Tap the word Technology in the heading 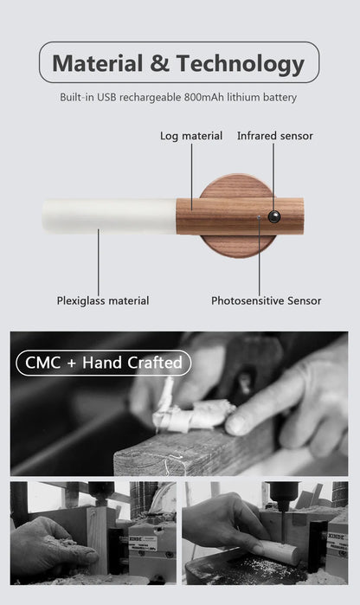pyautogui.click(x=241, y=63)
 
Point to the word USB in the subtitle pyautogui.click(x=108, y=98)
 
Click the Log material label pyautogui.click(x=191, y=136)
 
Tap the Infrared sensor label pyautogui.click(x=274, y=136)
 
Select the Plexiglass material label pyautogui.click(x=103, y=300)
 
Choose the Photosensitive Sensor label pyautogui.click(x=266, y=300)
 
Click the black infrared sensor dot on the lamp pyautogui.click(x=273, y=216)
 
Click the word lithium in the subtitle pyautogui.click(x=244, y=98)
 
